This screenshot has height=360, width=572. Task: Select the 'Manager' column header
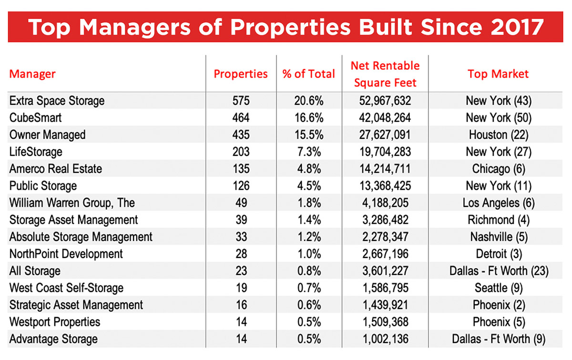coord(32,74)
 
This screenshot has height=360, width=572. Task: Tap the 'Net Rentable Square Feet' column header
coord(385,74)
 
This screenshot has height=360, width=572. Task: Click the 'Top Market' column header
coord(498,74)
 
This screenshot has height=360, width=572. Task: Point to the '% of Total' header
coord(309,74)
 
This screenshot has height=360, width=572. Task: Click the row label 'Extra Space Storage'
coord(57,101)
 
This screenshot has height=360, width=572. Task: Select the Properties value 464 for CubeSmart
coord(241,118)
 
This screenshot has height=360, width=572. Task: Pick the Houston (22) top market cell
coord(498,135)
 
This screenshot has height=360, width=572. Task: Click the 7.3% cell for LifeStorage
coord(309,152)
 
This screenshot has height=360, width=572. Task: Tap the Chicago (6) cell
coord(498,169)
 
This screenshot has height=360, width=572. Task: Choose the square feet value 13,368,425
coord(385,186)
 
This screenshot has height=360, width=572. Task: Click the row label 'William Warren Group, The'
coord(72,203)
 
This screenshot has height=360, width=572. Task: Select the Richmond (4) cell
coord(498,220)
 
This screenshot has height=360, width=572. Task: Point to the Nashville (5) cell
coord(498,237)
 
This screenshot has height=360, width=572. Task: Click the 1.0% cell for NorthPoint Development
coord(309,254)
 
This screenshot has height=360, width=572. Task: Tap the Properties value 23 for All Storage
coord(241,271)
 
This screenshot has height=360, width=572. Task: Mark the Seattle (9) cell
coord(498,288)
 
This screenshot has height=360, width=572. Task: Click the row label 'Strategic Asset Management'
coord(76,305)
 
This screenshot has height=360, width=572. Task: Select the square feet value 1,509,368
coord(385,322)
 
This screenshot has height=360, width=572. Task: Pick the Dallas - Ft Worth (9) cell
coord(498,339)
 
